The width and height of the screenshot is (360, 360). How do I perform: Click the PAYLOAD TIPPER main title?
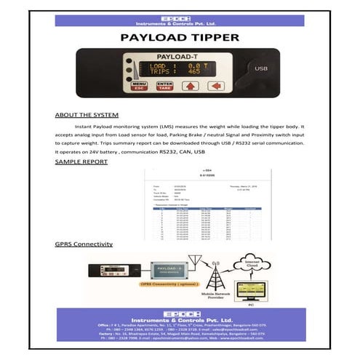pyautogui.click(x=180, y=37)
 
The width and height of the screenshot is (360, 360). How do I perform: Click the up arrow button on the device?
pyautogui.click(x=191, y=87)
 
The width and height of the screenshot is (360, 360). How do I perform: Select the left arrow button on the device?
pyautogui.click(x=215, y=87)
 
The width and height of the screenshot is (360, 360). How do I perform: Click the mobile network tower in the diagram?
pyautogui.click(x=215, y=276)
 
